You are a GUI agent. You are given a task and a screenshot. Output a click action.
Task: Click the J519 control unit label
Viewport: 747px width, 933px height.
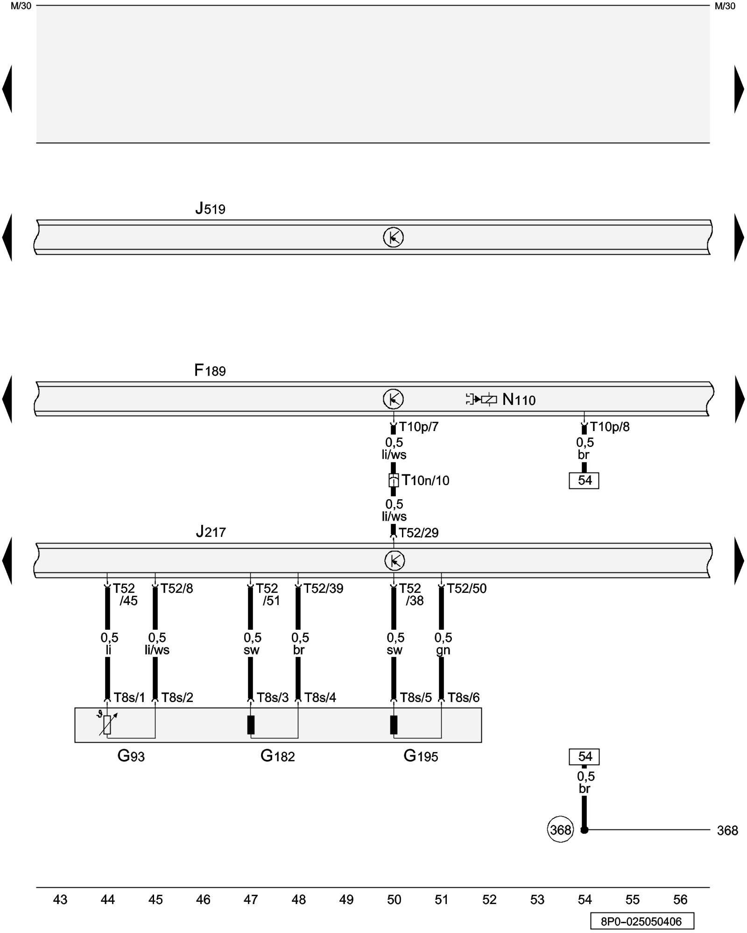point(210,209)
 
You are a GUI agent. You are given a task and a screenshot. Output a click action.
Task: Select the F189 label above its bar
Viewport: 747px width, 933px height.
point(210,371)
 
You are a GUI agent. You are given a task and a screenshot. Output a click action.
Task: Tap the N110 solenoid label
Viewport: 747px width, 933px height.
point(519,400)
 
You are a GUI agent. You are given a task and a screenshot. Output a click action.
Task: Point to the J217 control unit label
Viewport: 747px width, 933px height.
point(211,532)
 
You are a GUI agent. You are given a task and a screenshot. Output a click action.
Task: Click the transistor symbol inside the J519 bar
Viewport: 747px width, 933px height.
point(393,237)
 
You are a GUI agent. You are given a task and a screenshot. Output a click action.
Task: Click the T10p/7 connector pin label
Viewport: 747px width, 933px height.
point(418,427)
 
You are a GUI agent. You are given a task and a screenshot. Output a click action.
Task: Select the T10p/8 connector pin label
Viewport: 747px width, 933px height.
point(609,427)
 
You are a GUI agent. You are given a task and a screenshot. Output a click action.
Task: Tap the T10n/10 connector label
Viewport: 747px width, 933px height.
point(425,480)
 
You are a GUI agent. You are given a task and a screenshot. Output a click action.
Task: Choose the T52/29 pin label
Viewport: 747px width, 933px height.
point(418,533)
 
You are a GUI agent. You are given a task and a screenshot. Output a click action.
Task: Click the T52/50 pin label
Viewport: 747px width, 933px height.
point(466,589)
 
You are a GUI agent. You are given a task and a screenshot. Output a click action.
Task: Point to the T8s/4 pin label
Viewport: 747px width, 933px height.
point(320,697)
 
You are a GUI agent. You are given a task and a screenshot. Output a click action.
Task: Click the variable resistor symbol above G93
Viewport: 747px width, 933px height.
point(107,724)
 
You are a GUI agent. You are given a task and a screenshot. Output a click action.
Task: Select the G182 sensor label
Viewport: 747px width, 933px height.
point(277,756)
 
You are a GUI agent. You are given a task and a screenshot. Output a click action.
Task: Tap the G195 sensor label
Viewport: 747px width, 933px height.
point(421,756)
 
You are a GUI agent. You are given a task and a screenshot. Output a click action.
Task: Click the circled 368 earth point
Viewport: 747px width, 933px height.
point(560,830)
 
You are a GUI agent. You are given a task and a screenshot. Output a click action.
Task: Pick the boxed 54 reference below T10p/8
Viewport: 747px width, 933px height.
point(584,480)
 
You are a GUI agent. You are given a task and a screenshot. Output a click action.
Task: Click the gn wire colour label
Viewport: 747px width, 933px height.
point(443,650)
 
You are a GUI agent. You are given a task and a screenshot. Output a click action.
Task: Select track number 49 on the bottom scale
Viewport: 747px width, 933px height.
point(346,899)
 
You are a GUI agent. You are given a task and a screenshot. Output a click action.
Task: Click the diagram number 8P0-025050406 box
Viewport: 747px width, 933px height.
point(641,922)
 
